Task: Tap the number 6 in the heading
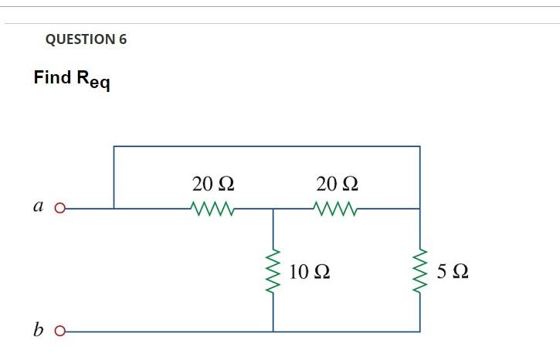(x=123, y=39)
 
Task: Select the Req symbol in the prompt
(x=92, y=80)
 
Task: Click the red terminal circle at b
(x=59, y=332)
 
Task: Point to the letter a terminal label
(x=38, y=207)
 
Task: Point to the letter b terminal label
(x=39, y=331)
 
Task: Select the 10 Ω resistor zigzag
(x=273, y=270)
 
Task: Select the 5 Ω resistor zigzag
(x=420, y=270)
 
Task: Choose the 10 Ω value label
(x=311, y=272)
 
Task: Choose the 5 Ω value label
(x=452, y=272)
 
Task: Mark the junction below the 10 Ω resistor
(x=273, y=332)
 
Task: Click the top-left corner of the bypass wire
(x=114, y=146)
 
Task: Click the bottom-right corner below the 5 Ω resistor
(x=420, y=332)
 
